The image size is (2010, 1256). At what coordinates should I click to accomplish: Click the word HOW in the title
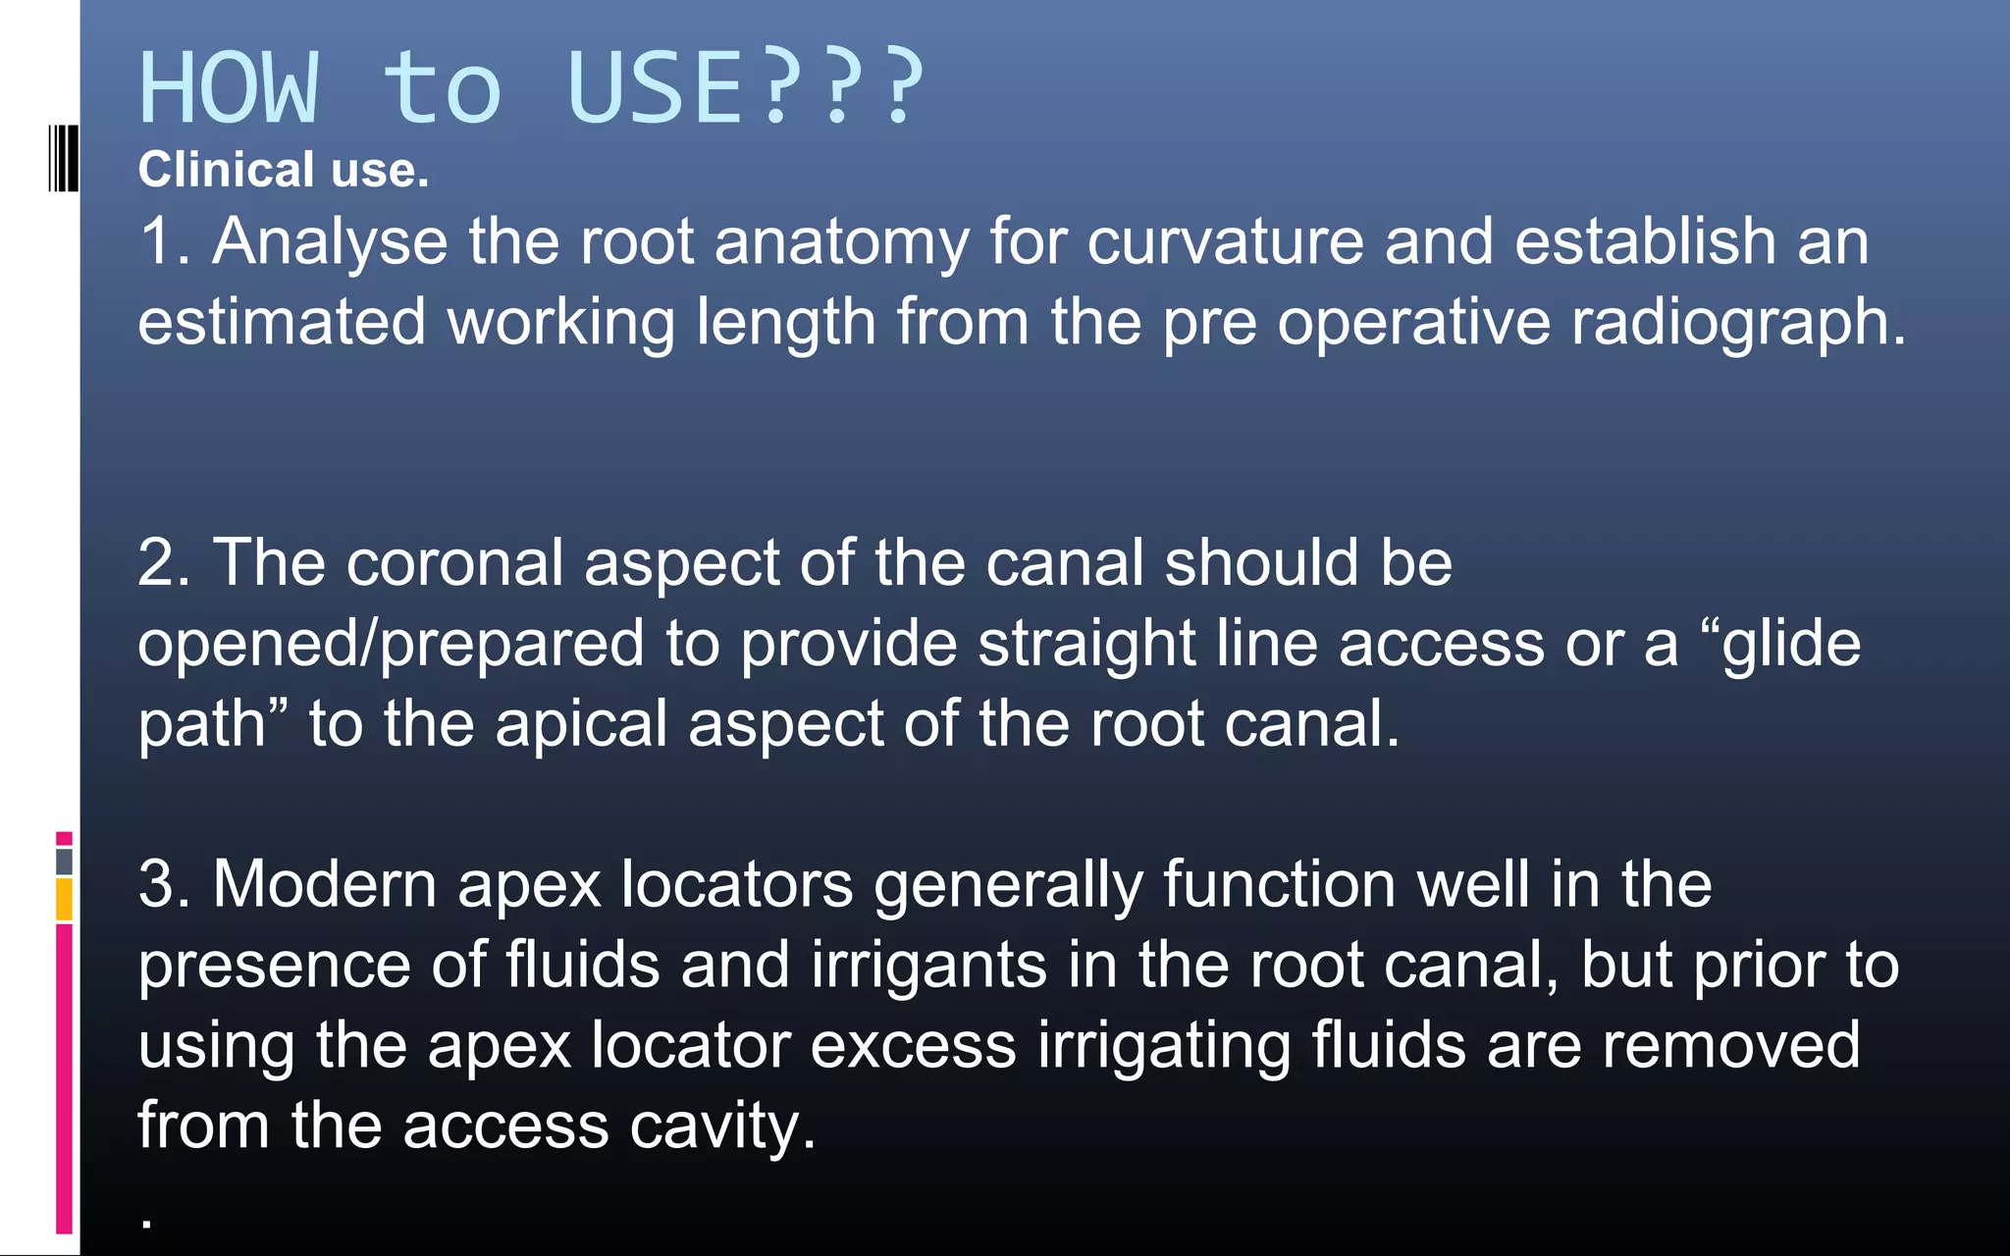230,88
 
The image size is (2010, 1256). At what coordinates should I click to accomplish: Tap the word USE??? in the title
746,88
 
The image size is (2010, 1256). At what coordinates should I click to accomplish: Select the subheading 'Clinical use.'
284,170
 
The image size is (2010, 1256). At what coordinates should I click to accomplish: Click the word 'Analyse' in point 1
330,241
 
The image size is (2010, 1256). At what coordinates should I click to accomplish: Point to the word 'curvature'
1225,241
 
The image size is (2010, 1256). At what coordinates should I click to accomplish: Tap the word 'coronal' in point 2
454,563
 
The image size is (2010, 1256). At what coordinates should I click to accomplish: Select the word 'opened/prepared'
391,645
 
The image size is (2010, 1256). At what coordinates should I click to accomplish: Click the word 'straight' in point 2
1086,645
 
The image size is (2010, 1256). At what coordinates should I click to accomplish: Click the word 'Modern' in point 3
325,884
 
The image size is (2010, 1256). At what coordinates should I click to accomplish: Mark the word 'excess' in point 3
913,1045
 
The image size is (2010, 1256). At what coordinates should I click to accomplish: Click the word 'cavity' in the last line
715,1125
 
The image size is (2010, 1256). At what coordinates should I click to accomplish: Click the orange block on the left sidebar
64,899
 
